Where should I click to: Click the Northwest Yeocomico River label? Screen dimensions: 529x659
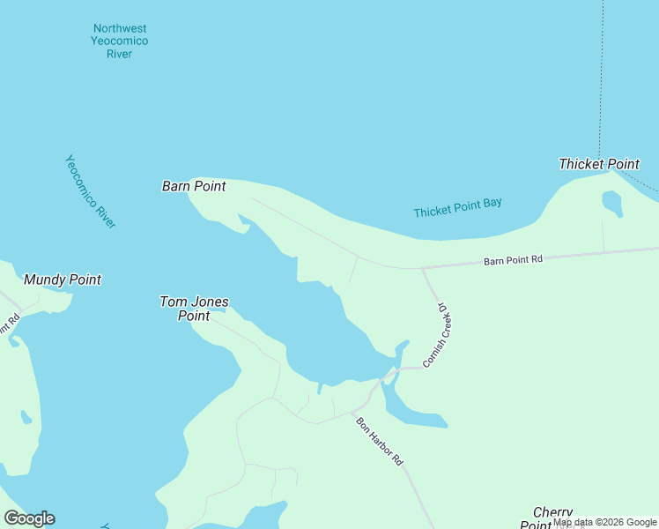[120, 41]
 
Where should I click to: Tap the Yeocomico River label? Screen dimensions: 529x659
[91, 191]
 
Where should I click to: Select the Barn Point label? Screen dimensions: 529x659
[194, 186]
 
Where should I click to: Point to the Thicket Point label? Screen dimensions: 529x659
[599, 164]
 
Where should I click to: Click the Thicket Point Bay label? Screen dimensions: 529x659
[457, 208]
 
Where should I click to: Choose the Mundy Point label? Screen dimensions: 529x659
[63, 279]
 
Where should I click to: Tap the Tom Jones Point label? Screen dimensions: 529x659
[194, 309]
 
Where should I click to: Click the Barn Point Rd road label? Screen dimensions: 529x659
[513, 260]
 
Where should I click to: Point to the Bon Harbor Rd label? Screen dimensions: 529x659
[380, 441]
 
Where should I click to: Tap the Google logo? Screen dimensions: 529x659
[29, 518]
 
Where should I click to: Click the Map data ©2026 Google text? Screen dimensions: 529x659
[604, 523]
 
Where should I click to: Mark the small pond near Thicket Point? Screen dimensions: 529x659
[611, 203]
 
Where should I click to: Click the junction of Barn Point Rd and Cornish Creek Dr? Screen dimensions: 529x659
[422, 268]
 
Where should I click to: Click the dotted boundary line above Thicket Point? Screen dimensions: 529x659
[602, 79]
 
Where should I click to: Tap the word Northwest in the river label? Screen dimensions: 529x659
[120, 28]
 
